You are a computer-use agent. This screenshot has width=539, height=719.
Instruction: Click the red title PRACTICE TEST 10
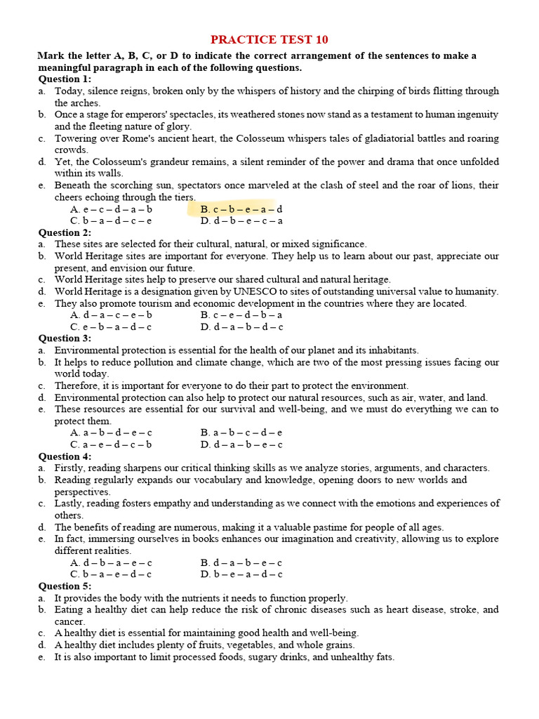point(270,39)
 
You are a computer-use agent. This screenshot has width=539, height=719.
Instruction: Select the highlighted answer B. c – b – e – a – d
point(241,209)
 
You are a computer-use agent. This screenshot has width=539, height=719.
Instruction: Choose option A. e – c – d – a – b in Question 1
point(111,209)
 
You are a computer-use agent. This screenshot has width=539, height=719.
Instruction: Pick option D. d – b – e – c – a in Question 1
point(241,221)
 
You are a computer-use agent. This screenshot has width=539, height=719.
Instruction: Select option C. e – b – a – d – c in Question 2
point(111,327)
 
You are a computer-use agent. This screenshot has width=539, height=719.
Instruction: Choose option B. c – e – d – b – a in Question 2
point(241,315)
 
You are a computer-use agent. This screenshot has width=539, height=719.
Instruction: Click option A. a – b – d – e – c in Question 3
point(111,433)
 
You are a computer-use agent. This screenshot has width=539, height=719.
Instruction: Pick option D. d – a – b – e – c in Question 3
point(241,444)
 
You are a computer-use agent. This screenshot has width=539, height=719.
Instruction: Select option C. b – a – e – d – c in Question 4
point(111,574)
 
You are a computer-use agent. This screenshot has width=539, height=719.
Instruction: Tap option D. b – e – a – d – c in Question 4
point(241,574)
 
